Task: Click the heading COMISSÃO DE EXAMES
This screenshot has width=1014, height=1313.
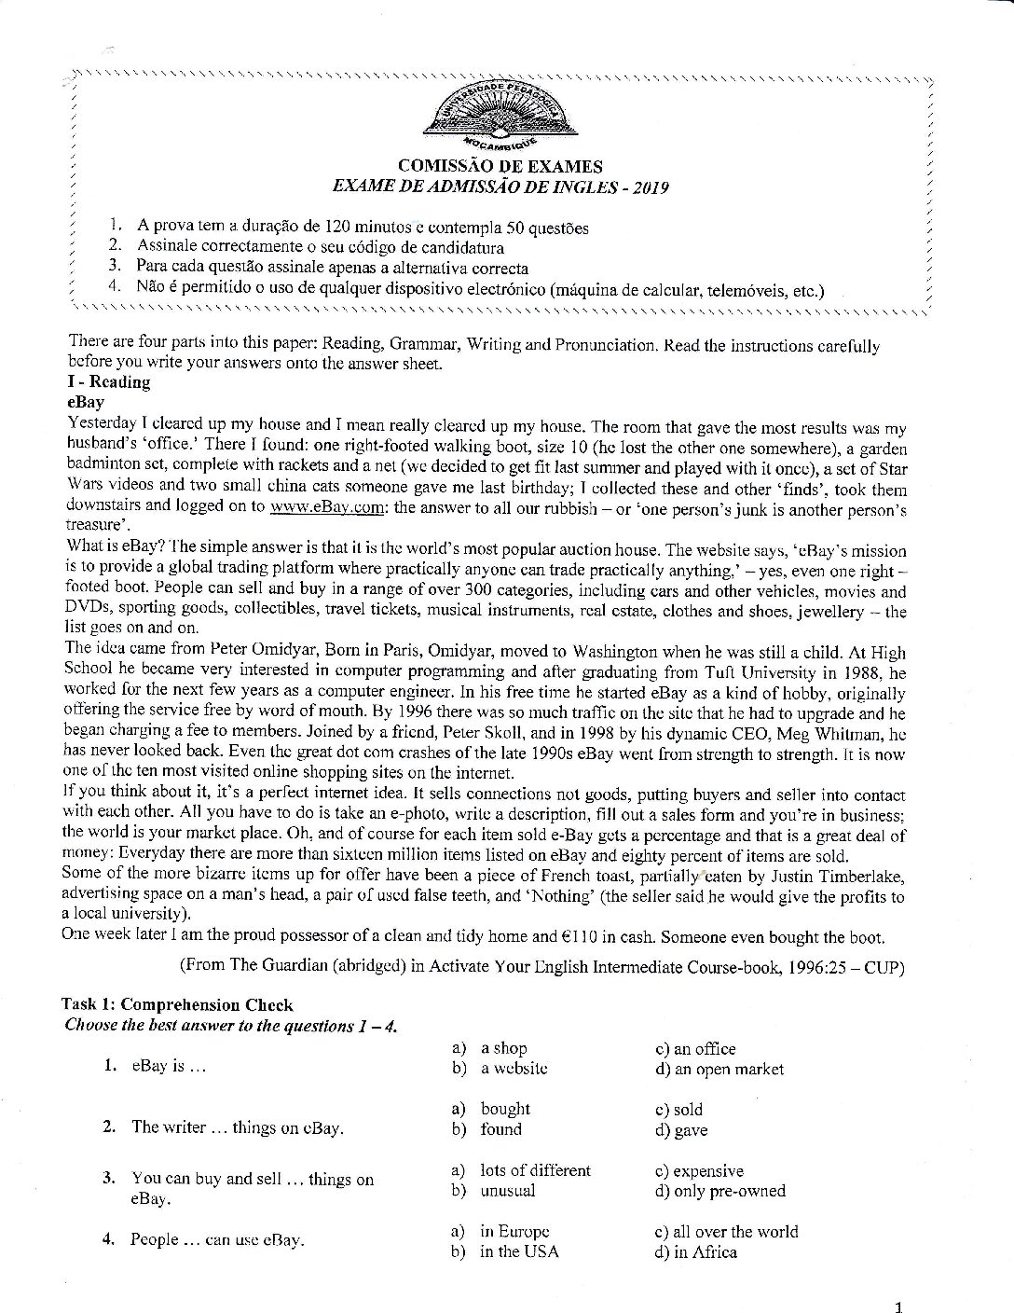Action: click(x=500, y=167)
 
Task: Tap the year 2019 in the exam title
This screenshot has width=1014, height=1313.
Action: click(x=651, y=187)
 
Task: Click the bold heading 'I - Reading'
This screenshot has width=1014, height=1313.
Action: click(x=109, y=381)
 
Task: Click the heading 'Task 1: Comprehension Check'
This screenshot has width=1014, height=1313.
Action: click(x=177, y=1004)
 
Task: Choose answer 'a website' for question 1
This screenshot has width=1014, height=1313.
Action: click(x=514, y=1069)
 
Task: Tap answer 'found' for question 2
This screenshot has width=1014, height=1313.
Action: click(x=500, y=1129)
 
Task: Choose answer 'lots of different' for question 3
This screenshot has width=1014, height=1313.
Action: click(x=535, y=1170)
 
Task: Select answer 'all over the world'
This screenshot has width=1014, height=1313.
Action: click(x=735, y=1231)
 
